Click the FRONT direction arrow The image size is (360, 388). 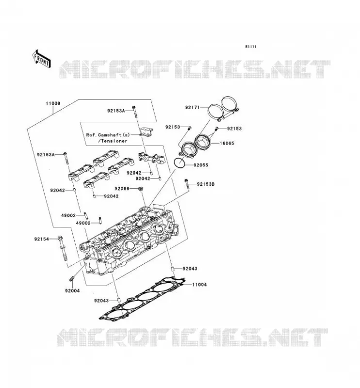click(41, 59)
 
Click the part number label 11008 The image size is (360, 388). click(53, 103)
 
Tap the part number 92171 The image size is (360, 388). click(193, 108)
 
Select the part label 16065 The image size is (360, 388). click(227, 143)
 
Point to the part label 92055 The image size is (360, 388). click(201, 165)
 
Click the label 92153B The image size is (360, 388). click(206, 184)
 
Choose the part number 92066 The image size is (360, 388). click(122, 189)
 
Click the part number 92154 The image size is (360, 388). click(42, 239)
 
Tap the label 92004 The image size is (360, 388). click(73, 291)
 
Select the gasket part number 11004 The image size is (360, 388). click(199, 285)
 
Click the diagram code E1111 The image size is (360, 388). click(251, 47)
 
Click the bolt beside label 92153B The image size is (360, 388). click(187, 184)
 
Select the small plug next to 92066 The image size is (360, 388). click(140, 189)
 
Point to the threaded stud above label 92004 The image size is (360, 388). click(71, 278)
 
